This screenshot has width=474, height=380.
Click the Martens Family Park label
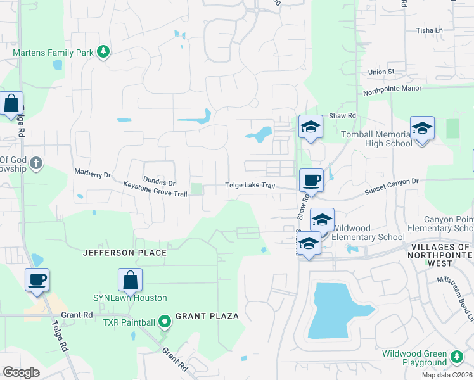(x=53, y=52)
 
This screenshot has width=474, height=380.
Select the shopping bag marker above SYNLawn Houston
(x=130, y=279)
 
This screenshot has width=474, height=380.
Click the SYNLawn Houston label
(x=130, y=298)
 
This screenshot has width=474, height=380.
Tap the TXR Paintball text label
(x=129, y=322)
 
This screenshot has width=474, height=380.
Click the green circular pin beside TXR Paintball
(x=165, y=322)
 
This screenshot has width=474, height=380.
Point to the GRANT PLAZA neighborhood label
(x=207, y=315)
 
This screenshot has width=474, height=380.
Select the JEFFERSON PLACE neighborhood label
(x=124, y=253)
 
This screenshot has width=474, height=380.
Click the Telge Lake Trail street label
(x=250, y=186)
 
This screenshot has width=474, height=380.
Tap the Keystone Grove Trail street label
(x=155, y=189)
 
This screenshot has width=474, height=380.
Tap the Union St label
(x=381, y=72)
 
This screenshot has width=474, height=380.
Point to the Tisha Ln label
(x=429, y=30)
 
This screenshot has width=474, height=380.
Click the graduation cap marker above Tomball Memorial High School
(x=422, y=128)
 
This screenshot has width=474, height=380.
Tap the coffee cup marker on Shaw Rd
(x=311, y=180)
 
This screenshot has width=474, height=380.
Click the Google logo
(x=21, y=372)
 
